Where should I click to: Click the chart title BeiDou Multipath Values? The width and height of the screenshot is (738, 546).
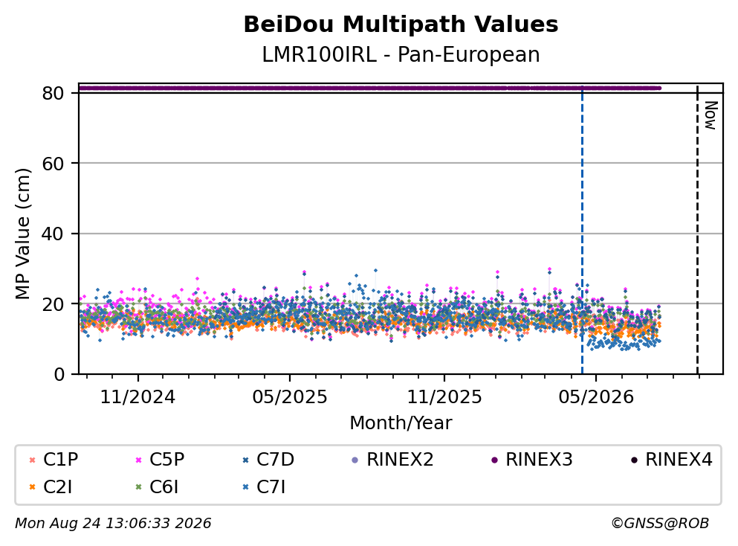coord(401,25)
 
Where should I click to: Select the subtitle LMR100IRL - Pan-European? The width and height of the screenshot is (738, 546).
coord(401,54)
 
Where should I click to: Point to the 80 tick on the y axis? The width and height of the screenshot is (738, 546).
coord(53,93)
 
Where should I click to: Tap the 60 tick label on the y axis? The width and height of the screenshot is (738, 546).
coord(53,164)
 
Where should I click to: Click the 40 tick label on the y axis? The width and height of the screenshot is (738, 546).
coord(53,234)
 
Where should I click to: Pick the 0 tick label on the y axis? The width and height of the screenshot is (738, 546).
coord(59,374)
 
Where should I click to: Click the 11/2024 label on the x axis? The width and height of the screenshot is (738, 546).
coord(138,397)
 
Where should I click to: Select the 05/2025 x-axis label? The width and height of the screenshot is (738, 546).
coord(289,397)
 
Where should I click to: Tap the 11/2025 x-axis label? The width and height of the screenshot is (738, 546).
coord(444,397)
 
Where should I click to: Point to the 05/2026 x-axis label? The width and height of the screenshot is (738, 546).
coord(596,397)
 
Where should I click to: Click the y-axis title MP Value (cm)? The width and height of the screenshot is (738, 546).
coord(22,234)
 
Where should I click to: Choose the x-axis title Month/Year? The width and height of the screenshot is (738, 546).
coord(401,423)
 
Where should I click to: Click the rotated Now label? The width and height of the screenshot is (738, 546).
coord(711,115)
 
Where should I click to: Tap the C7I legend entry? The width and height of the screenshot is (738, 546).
coord(264,487)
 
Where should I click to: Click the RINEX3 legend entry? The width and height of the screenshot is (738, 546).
coord(532,459)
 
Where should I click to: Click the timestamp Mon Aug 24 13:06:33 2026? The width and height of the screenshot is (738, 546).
coord(113,524)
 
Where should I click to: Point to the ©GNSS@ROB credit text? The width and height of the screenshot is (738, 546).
coord(660,524)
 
